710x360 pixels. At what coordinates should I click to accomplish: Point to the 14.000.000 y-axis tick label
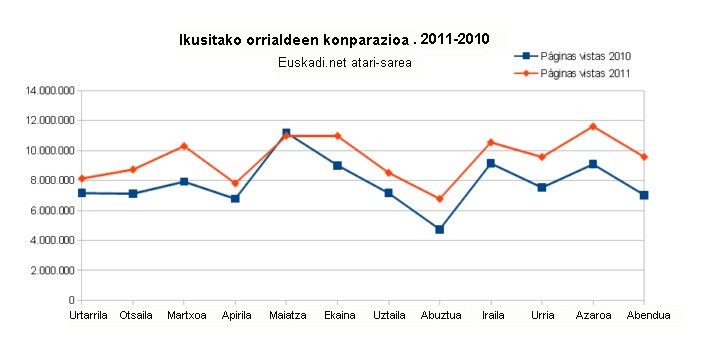(x=48, y=91)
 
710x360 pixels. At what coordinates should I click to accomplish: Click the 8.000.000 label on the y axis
(x=51, y=181)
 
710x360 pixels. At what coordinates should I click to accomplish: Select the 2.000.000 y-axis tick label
(x=51, y=270)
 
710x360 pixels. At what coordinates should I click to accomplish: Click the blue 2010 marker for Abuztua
(x=439, y=229)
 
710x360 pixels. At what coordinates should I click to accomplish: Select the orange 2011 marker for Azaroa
(x=593, y=126)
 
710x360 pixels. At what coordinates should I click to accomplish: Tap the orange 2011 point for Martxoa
(x=184, y=146)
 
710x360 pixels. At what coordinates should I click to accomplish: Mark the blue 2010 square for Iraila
(x=491, y=163)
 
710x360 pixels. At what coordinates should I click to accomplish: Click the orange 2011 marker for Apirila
(x=235, y=183)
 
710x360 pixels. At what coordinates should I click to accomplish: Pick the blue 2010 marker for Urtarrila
(x=82, y=193)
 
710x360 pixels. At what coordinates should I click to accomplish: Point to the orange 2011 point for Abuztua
(x=439, y=199)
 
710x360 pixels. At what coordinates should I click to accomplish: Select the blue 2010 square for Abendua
(x=644, y=195)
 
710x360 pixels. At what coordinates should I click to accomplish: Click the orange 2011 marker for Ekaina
(x=337, y=135)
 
